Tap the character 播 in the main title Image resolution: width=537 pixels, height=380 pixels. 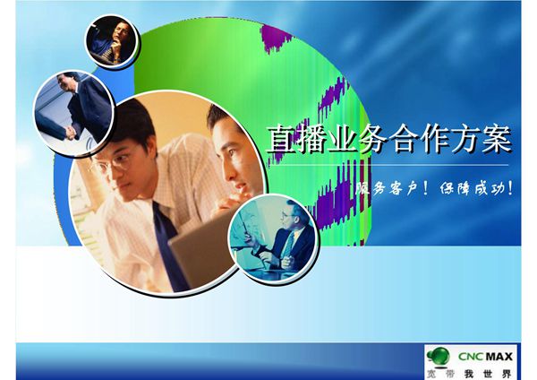click(x=312, y=140)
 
